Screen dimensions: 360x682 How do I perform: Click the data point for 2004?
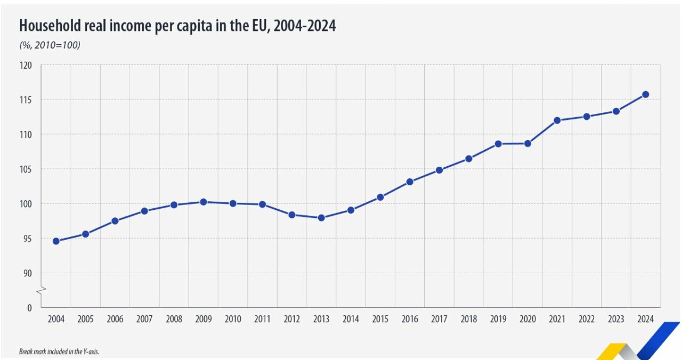coord(56,241)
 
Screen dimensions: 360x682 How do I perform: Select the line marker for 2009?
coord(203,202)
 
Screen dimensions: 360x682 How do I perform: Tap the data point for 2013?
coord(321,217)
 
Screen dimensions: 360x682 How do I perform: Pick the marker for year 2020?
coord(527,143)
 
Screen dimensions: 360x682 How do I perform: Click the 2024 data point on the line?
coord(645,94)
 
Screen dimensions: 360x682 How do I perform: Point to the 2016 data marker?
coord(410,182)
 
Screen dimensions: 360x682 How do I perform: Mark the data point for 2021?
coord(557,120)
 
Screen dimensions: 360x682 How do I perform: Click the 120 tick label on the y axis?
coord(26,65)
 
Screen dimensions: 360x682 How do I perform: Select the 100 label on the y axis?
coord(26,203)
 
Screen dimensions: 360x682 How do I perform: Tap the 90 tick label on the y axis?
coord(27,273)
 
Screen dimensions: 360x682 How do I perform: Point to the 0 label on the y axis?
coord(29,308)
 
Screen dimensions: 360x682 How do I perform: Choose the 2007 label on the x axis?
coord(144,320)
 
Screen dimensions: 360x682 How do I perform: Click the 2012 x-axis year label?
coord(291,320)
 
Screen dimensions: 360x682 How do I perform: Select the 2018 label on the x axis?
coord(468,320)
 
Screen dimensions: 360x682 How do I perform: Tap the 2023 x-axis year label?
coord(616,320)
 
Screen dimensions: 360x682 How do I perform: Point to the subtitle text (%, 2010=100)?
coord(50,45)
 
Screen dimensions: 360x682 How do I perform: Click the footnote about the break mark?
coord(59,352)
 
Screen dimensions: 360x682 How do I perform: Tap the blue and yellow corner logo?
coord(639,343)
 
